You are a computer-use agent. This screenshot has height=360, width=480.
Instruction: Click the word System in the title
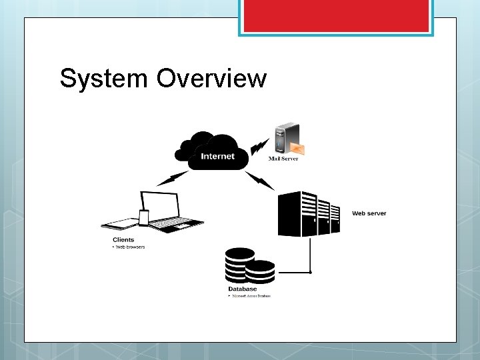pos(103,79)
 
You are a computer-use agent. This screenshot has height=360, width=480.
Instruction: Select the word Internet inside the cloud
pos(218,157)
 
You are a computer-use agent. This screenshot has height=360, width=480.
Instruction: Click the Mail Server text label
pos(283,159)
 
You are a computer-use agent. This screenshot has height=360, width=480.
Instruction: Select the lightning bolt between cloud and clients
pos(173,178)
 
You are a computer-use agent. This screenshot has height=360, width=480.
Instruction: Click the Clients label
pos(123,239)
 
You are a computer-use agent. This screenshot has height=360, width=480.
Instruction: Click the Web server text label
pos(369,213)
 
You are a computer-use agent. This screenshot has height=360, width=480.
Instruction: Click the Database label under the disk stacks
pos(242,289)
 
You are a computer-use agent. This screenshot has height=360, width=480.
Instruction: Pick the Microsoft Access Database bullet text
pos(251,295)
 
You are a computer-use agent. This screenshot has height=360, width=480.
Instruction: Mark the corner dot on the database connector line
pos(310,272)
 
